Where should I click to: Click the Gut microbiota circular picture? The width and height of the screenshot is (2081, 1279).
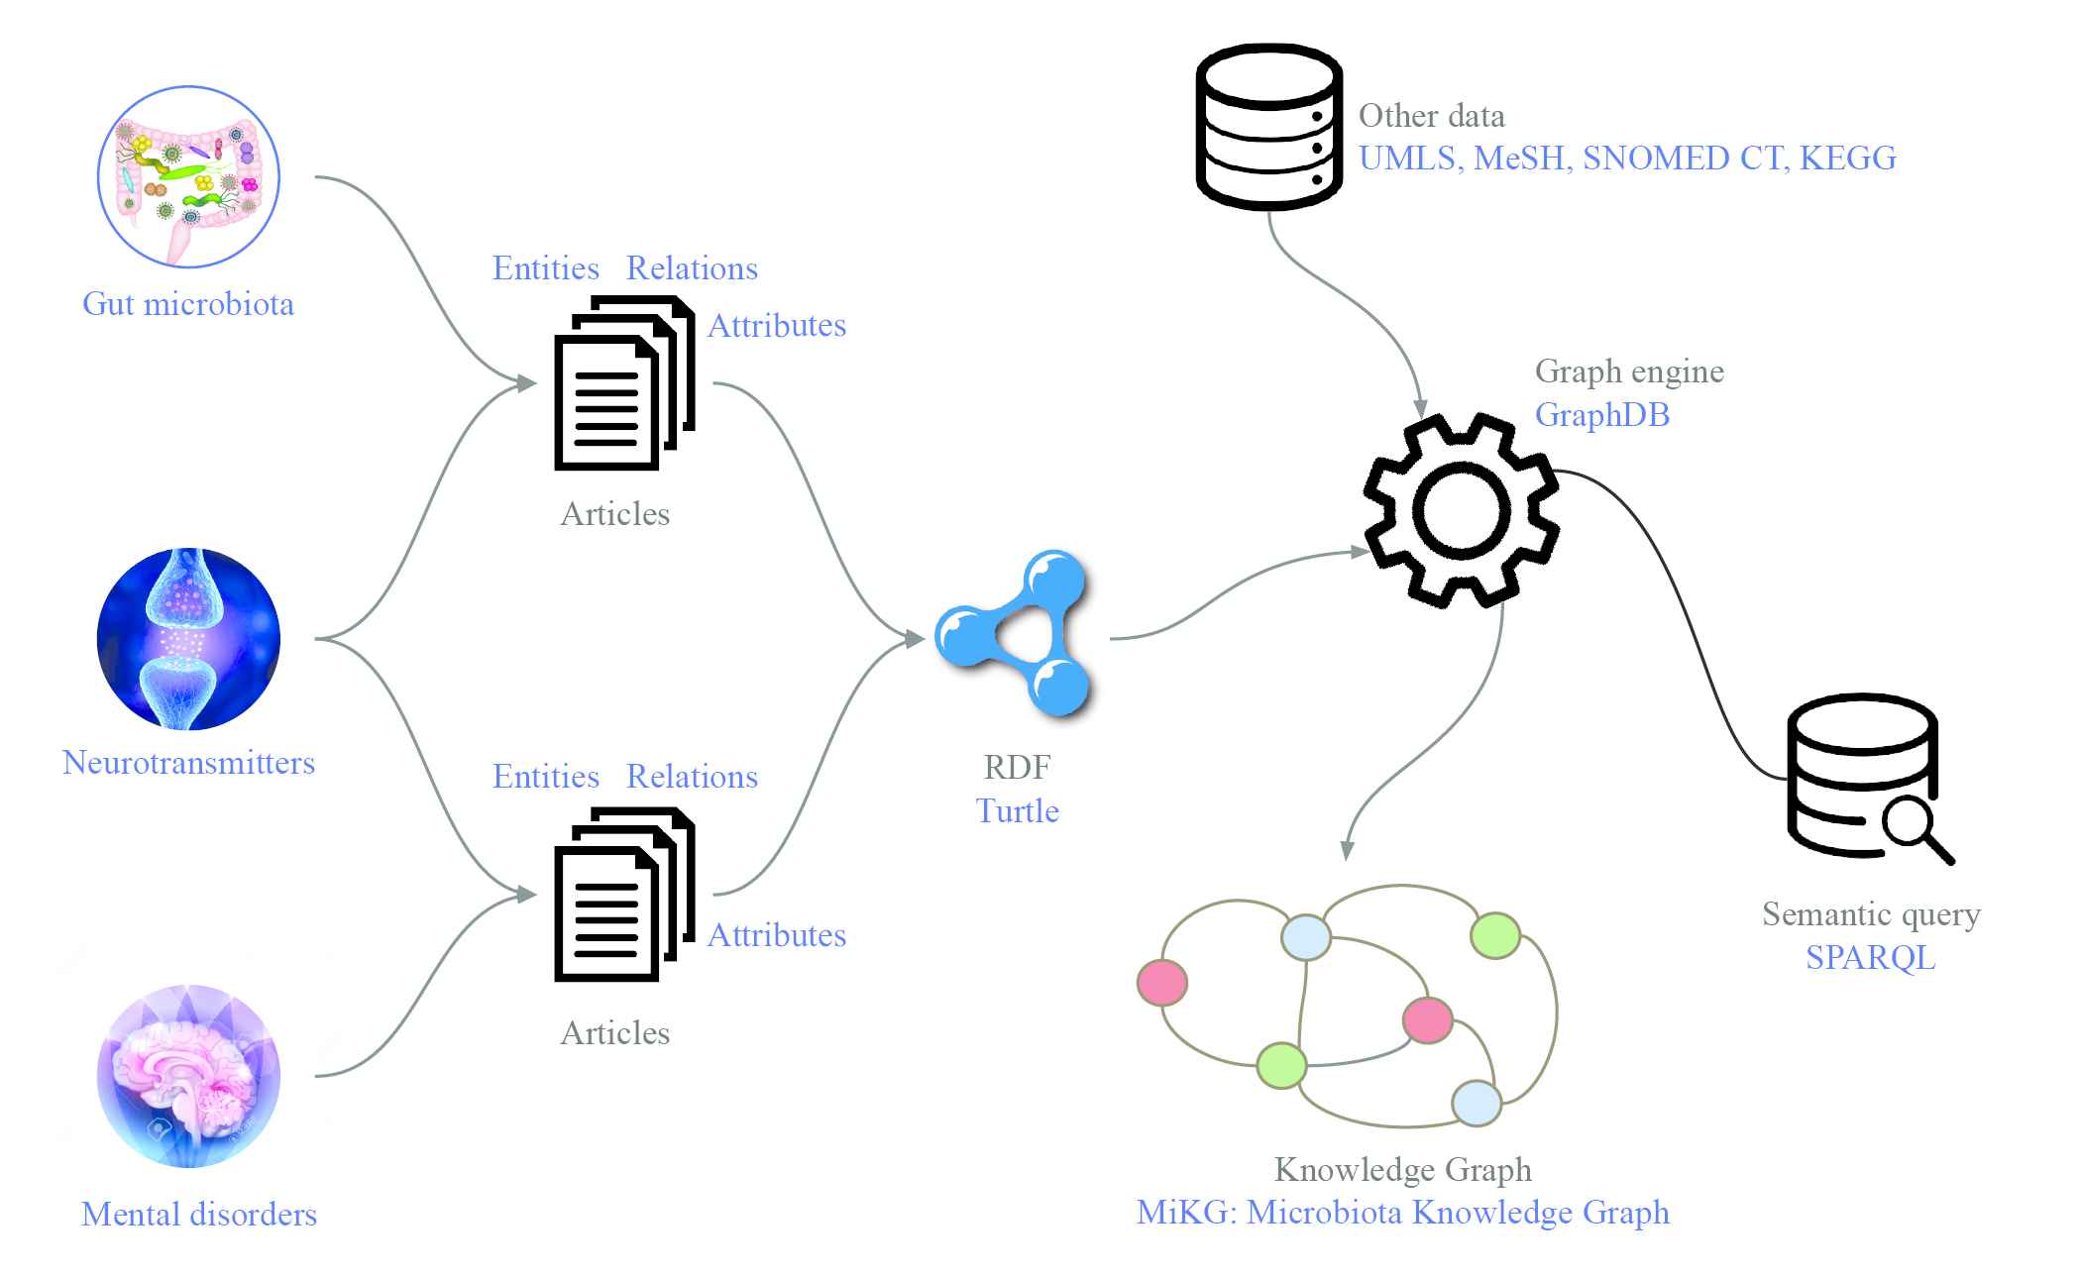[188, 176]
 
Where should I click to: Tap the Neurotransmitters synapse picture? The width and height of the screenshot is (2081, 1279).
[188, 639]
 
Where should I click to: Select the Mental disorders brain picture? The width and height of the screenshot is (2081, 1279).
[188, 1075]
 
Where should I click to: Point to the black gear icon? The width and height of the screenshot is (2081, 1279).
[1462, 510]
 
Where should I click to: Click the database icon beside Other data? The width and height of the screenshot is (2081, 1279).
[1268, 126]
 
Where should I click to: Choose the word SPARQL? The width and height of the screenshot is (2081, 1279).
[1870, 958]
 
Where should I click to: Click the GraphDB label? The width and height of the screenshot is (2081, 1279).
[1601, 415]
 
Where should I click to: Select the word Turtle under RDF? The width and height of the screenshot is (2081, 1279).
[1017, 811]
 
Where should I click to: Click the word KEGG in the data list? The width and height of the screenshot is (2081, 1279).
[1847, 159]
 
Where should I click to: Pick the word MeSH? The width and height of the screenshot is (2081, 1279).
[1518, 159]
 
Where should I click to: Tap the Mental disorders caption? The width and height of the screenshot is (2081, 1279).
[199, 1215]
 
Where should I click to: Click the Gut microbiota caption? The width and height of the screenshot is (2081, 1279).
[188, 304]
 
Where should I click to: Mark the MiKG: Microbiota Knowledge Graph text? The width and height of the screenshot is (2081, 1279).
[1402, 1213]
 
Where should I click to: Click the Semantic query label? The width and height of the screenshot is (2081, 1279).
[1871, 914]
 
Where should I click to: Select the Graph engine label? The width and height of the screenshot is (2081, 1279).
[1629, 372]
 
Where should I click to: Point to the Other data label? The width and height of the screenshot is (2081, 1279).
[1431, 116]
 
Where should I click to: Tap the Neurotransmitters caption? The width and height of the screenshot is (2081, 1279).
[188, 763]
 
